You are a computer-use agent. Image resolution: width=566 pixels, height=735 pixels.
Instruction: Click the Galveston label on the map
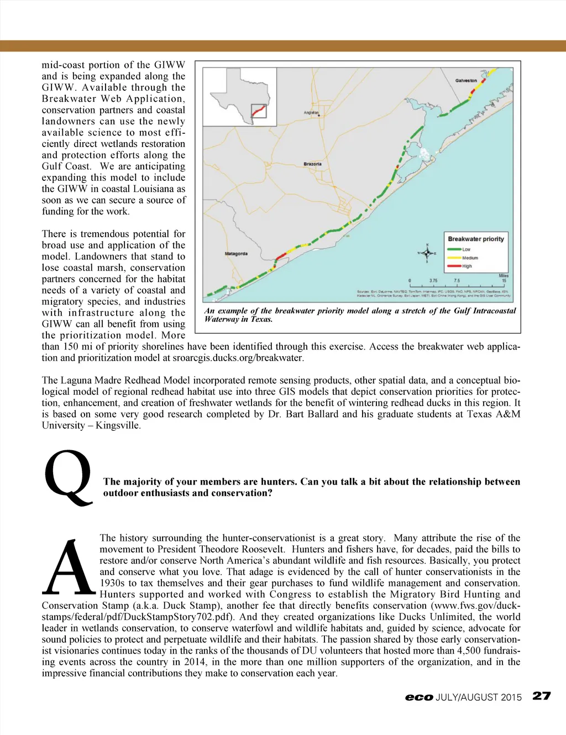(466, 81)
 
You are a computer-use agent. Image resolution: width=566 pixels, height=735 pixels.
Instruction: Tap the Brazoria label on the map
(312, 164)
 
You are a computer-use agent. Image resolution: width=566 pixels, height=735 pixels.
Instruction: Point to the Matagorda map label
(236, 254)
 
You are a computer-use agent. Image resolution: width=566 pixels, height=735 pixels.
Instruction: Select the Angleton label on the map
(311, 113)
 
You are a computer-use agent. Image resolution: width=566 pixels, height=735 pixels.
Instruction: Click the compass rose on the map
(427, 253)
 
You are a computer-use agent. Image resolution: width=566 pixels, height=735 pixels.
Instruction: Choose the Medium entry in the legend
(469, 258)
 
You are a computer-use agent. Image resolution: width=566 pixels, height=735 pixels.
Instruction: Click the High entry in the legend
(467, 266)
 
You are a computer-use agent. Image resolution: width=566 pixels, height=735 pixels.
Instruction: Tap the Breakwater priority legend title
(476, 239)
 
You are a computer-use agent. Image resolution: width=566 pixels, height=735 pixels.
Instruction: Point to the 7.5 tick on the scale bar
(457, 281)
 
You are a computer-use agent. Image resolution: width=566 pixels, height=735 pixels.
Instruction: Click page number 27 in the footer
(542, 696)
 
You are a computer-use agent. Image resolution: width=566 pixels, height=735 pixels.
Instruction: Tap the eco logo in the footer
(418, 697)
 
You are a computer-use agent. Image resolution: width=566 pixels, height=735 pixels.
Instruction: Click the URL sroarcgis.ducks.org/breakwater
(238, 358)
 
